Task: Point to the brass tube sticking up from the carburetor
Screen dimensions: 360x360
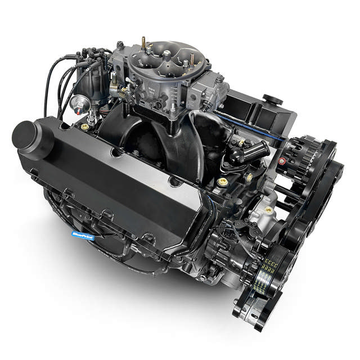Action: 143,43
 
